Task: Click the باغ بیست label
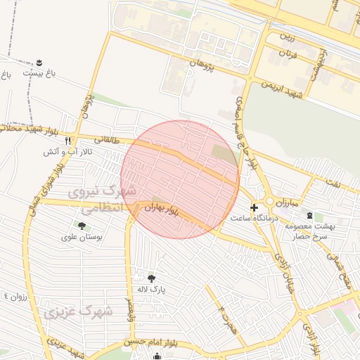(x=38, y=72)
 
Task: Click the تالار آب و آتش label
(x=68, y=151)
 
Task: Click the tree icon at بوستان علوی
(x=82, y=226)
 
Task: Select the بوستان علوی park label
(x=84, y=238)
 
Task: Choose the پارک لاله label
(x=151, y=289)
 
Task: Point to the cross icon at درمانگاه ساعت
(x=254, y=207)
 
